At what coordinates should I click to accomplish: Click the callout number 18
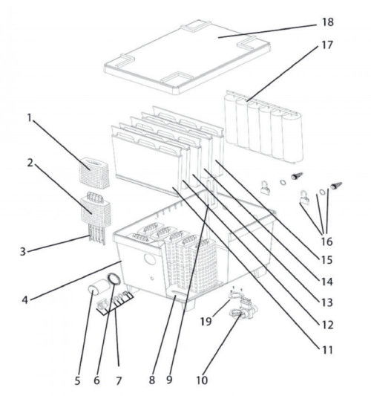328,22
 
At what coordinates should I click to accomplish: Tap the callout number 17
327,45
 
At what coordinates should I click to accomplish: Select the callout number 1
30,117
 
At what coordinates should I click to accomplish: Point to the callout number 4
24,300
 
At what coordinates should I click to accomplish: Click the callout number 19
206,322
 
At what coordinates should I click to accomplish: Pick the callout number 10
202,380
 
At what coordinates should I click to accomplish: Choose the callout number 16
327,241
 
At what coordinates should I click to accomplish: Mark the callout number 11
327,350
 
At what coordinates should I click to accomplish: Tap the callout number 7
119,380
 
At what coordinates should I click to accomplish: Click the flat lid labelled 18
188,56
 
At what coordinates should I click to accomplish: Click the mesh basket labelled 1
94,173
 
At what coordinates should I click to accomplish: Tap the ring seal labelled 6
114,279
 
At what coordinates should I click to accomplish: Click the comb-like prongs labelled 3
96,235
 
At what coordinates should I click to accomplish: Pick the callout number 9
169,380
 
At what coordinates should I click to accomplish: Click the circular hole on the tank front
150,259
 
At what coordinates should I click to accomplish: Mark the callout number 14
327,282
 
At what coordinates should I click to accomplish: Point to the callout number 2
30,163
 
